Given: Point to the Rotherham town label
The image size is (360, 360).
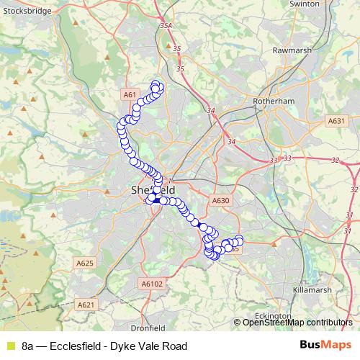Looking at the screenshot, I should tap(274, 102).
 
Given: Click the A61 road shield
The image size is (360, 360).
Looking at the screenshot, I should tap(130, 94).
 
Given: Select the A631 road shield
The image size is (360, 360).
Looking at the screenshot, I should tap(336, 122).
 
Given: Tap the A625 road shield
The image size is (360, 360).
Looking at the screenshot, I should tap(85, 264).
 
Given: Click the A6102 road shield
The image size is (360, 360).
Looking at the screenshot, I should tap(152, 284).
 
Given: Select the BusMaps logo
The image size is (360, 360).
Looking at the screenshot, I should tap(325, 346).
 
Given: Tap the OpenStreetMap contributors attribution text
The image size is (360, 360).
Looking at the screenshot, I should tap(297, 323).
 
